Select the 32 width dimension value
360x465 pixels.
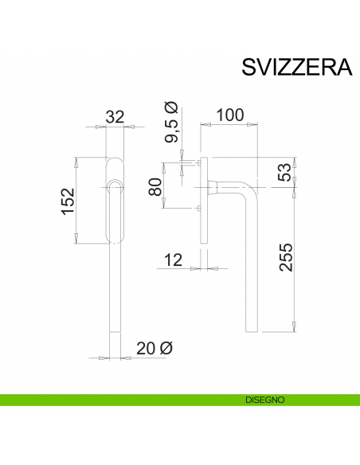115,116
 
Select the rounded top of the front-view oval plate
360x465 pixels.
115,161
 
